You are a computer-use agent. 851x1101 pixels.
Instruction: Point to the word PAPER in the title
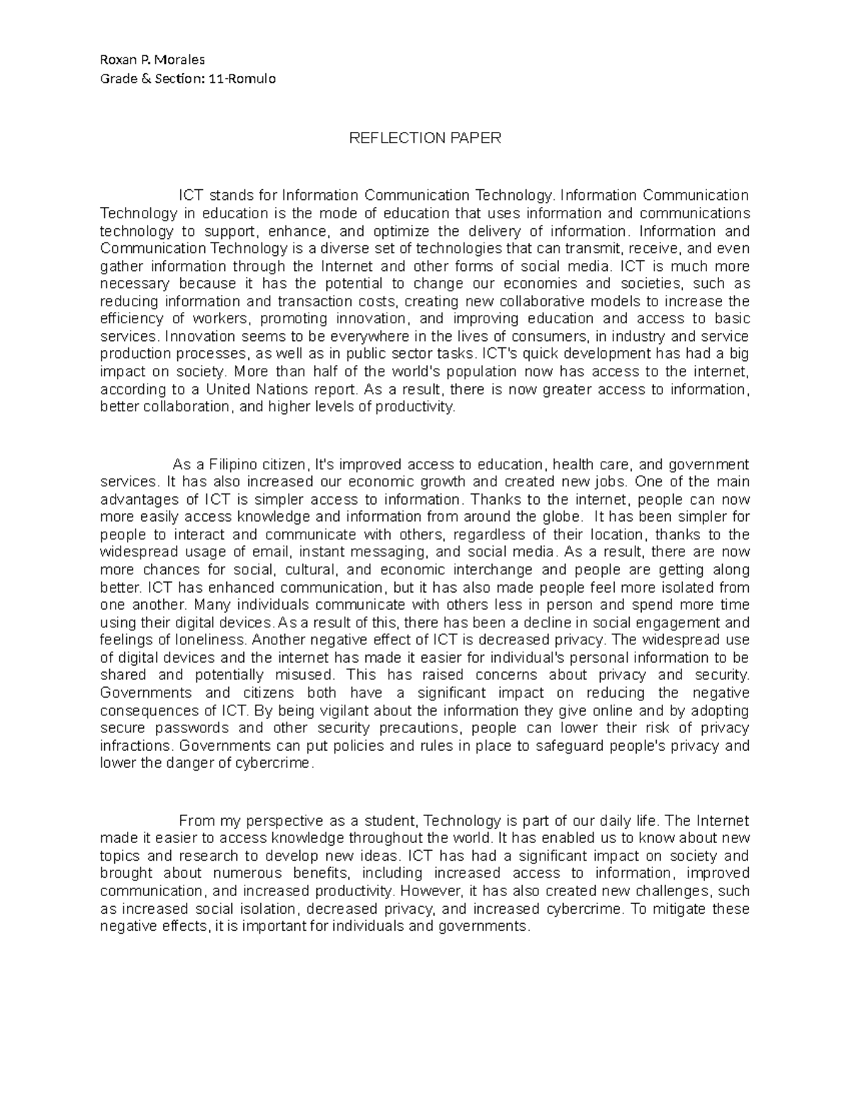pos(474,138)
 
